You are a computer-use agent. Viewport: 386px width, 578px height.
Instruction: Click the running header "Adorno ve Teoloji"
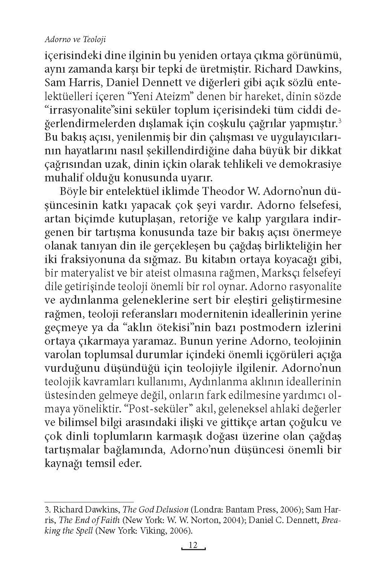pyautogui.click(x=75, y=39)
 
